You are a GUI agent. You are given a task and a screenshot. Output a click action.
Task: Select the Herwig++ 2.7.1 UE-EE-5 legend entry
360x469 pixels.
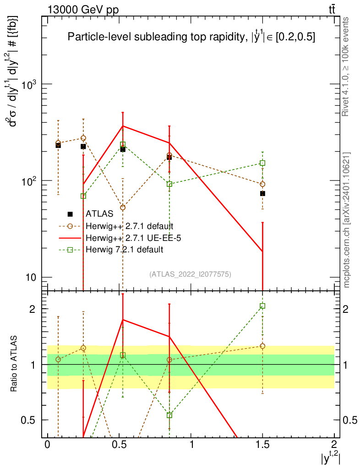coord(131,238)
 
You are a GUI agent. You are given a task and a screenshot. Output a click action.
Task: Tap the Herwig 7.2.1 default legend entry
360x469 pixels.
coord(124,250)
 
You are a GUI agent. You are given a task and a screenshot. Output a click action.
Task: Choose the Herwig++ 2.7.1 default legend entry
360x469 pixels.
coord(129,226)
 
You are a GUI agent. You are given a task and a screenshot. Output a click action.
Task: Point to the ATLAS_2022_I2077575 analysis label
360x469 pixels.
coord(190,274)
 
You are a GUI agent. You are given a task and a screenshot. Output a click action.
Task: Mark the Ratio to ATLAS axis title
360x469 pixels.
coord(15,364)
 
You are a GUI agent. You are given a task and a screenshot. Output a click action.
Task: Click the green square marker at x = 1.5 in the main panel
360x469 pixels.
coord(262,163)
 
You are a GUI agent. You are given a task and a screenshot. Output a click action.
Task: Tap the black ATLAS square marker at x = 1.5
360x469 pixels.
coord(262,194)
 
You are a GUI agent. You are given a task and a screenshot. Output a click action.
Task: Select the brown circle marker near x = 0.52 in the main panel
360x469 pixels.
coord(123,207)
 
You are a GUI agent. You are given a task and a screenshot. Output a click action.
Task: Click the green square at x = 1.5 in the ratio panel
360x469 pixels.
coord(262,306)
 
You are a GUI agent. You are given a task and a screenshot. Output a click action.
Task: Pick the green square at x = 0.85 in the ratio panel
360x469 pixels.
coord(169,415)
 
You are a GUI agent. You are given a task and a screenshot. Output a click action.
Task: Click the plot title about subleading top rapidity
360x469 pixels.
coord(191,38)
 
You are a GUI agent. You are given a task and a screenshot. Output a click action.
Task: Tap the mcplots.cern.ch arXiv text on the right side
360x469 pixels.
coord(347,219)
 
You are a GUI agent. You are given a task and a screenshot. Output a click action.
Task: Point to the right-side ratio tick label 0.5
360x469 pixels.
coord(350,420)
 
